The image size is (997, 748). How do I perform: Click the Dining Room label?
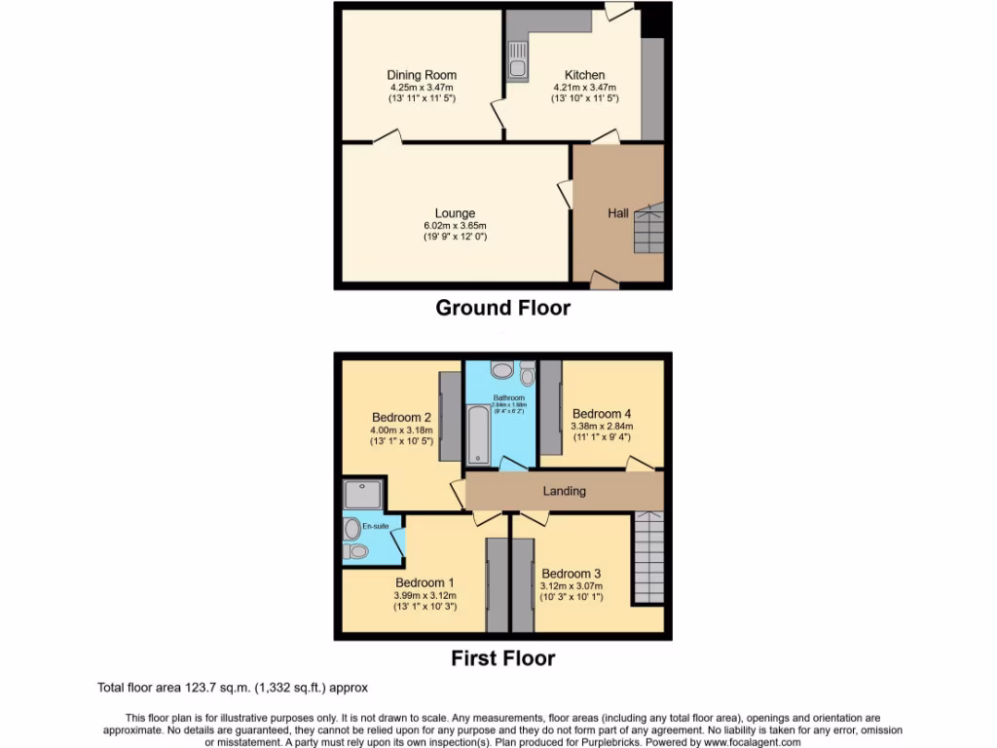[421, 75]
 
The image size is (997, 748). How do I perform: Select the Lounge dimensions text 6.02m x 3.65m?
[455, 226]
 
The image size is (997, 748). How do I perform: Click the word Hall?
[618, 213]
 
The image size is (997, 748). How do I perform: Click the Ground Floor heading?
[502, 308]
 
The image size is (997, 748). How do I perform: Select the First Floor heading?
[502, 658]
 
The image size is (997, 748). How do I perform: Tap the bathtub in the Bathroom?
[479, 434]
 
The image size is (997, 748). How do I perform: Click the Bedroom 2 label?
[401, 419]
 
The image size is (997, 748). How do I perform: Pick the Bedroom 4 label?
[602, 413]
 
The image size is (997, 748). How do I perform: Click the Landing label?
[565, 491]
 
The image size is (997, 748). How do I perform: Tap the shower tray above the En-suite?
[362, 495]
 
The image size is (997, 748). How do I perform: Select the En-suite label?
[375, 527]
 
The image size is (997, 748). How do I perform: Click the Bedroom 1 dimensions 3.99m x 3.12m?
[425, 596]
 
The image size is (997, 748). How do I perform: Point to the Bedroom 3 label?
[572, 573]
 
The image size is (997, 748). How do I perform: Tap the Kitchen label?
[585, 75]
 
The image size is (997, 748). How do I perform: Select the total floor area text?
[233, 688]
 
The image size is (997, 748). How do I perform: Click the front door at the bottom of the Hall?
[604, 281]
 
